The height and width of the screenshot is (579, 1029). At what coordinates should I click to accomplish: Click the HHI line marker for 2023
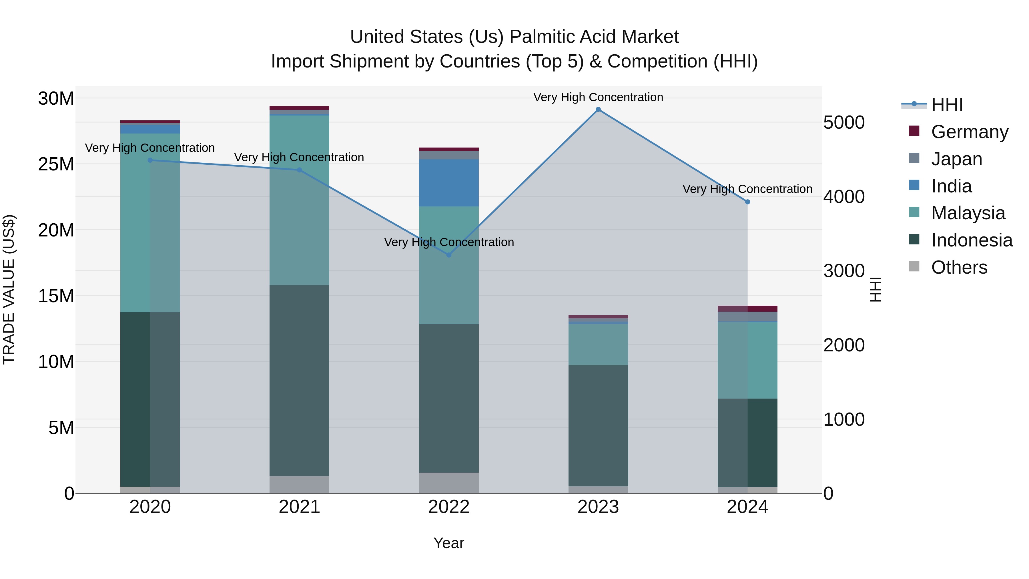point(598,110)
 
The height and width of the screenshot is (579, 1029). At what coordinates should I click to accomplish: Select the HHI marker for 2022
point(448,255)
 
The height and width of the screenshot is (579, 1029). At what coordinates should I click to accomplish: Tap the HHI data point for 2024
point(747,202)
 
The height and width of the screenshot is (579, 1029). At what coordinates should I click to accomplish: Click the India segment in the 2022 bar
point(448,183)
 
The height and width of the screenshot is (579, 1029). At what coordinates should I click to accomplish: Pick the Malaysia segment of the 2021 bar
point(299,200)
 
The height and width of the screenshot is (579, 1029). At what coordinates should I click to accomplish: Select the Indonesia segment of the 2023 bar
point(598,425)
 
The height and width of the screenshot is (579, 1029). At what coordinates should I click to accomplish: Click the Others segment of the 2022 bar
point(448,483)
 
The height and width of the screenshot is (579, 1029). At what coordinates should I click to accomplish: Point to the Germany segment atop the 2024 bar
point(747,309)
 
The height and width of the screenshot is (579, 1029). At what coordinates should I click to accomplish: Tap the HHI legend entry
point(947,105)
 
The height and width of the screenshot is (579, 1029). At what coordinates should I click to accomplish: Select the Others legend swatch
point(914,266)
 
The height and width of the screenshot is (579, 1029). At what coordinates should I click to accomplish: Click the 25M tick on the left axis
point(56,164)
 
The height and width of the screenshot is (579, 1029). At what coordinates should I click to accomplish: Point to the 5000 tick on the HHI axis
point(844,122)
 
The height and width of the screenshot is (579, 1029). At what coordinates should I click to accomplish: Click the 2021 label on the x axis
point(299,507)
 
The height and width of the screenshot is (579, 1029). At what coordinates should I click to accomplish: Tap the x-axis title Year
point(448,543)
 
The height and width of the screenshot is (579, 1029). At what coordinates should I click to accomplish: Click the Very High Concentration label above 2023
point(598,97)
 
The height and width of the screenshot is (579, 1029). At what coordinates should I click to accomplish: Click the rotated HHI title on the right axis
point(875,289)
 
